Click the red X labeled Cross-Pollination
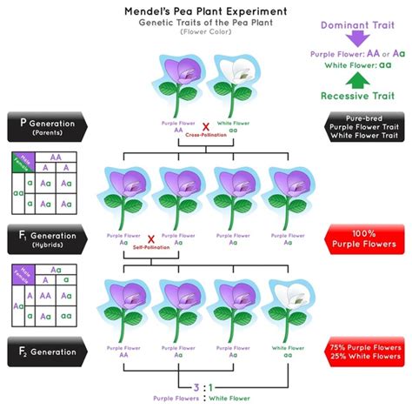pos(205,127)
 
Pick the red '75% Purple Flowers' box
pos(364,351)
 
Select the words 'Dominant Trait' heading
pos(358,11)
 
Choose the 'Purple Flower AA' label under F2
pos(123,352)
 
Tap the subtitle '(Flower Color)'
pos(205,32)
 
